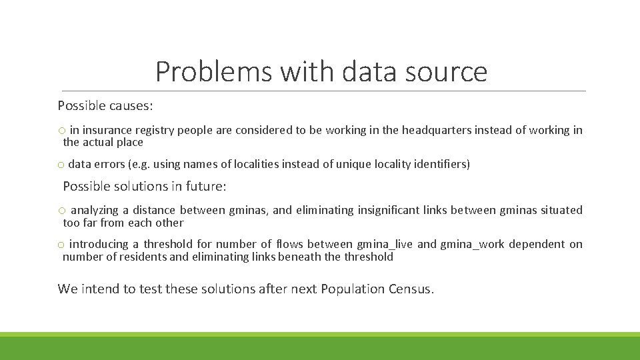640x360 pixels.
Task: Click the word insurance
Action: click(x=105, y=130)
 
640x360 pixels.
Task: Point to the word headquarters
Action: click(x=436, y=130)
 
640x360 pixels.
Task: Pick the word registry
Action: click(x=153, y=130)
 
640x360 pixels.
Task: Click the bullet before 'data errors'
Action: click(x=61, y=165)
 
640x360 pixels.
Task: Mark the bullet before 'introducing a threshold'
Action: click(x=61, y=245)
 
